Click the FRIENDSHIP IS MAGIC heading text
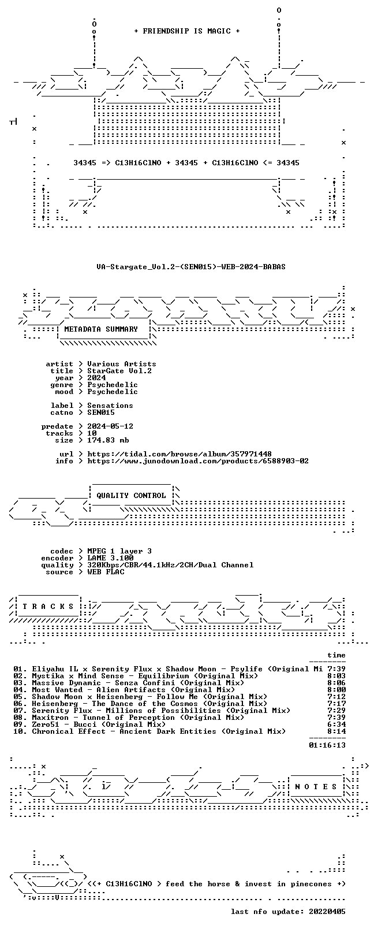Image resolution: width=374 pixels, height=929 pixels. [187, 31]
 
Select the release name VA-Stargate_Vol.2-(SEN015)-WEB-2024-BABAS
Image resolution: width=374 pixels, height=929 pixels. [191, 267]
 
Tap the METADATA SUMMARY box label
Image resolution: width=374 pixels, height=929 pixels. [101, 329]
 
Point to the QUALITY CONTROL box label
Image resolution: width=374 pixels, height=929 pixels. [131, 496]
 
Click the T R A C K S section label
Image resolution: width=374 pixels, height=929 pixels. [48, 607]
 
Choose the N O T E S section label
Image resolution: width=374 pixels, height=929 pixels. [316, 787]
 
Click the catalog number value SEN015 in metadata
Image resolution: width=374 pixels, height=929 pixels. [101, 413]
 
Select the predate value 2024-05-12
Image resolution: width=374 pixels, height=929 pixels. [110, 426]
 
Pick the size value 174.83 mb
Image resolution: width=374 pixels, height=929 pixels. [108, 440]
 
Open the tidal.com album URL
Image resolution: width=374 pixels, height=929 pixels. [179, 454]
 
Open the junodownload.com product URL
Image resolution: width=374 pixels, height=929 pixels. [198, 461]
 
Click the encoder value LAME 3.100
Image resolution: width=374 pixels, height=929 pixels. [110, 558]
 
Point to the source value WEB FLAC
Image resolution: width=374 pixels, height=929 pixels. [106, 573]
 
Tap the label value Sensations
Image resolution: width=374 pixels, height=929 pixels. [110, 406]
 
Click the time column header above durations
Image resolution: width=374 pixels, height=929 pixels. [336, 655]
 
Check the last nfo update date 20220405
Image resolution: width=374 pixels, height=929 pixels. [327, 912]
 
